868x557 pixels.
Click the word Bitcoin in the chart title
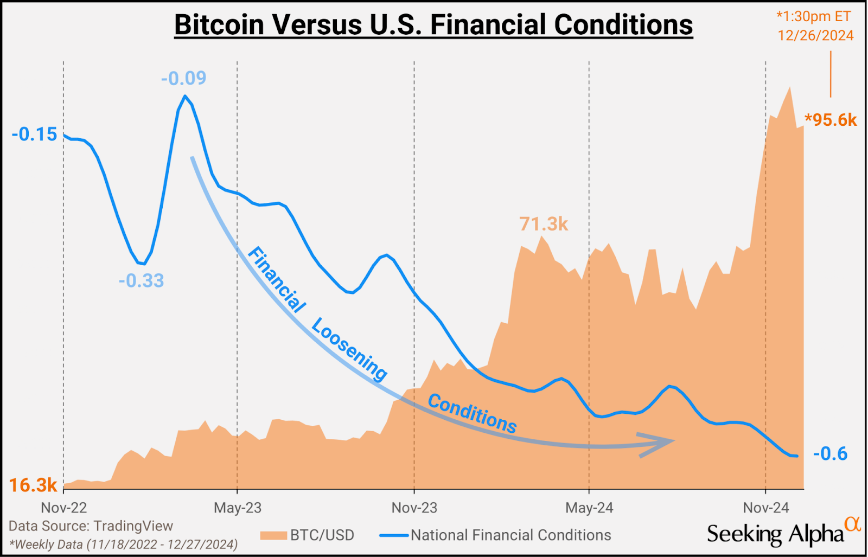pos(219,25)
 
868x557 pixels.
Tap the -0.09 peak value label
pos(183,78)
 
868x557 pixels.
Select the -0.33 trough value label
pos(141,281)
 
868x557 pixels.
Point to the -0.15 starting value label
pos(34,134)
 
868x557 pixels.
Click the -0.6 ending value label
pos(830,453)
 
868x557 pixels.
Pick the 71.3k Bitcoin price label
pos(543,223)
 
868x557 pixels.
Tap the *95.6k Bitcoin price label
pos(831,120)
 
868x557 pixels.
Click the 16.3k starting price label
pos(33,485)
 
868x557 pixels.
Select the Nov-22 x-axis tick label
pos(64,508)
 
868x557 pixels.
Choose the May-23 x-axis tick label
pos(237,508)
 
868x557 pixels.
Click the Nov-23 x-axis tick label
pos(414,508)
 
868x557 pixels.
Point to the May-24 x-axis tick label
pos(589,508)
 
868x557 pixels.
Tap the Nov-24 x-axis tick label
pos(765,508)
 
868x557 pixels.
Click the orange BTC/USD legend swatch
pos(273,536)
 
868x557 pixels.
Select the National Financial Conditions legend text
pos(510,535)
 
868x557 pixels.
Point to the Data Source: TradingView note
pos(91,526)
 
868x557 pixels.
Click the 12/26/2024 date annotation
pos(815,36)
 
